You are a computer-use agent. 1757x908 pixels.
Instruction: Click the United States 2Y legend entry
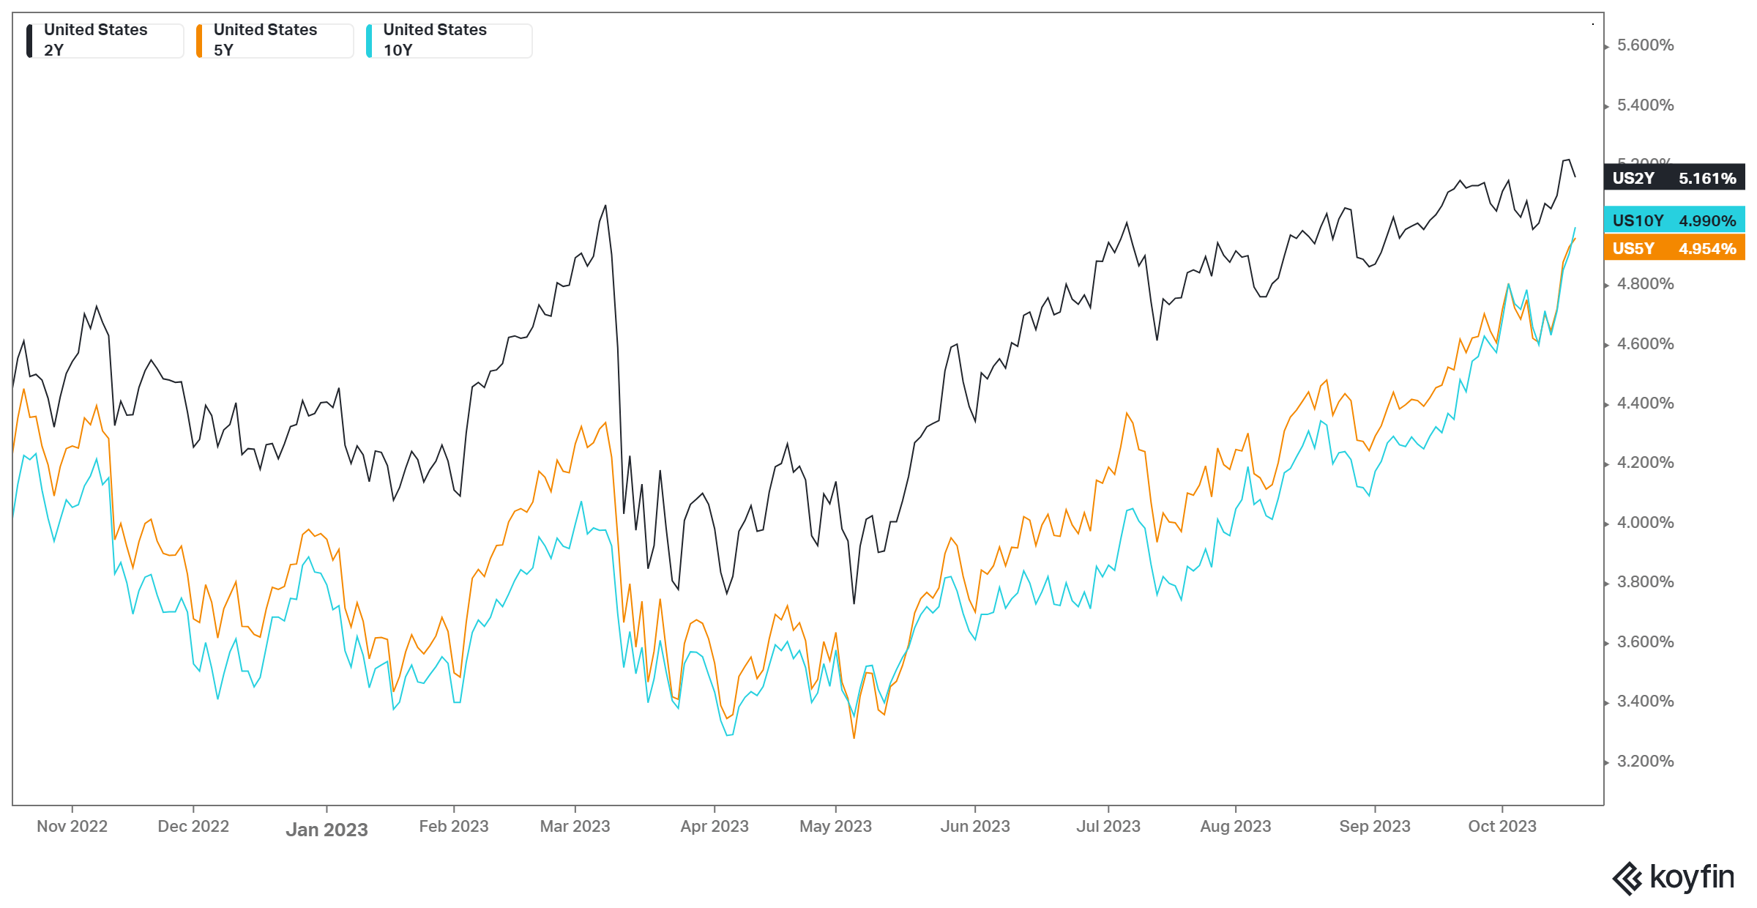click(105, 40)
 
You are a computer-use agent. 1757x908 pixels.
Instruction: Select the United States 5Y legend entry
click(275, 40)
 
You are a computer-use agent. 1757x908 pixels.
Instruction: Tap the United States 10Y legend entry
click(447, 40)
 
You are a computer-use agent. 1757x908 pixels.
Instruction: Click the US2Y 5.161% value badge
click(1674, 178)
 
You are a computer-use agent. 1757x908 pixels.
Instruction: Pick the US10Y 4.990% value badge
click(1674, 220)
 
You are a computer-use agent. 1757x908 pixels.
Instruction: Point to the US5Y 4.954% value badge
click(1674, 248)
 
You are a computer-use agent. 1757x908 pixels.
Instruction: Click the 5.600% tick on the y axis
click(1645, 45)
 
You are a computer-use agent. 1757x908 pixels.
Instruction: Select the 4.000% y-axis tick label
click(1645, 523)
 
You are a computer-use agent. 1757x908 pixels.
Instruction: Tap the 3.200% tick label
click(1645, 762)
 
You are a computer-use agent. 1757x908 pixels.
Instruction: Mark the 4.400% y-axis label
click(1645, 403)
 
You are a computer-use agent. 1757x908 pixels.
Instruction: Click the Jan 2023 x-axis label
click(327, 830)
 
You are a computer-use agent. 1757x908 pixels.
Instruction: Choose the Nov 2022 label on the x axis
click(72, 827)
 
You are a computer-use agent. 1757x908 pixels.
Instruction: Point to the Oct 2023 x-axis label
click(1502, 827)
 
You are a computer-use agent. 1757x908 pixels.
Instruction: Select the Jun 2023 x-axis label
click(974, 827)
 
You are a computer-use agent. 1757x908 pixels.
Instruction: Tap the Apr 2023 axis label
click(714, 827)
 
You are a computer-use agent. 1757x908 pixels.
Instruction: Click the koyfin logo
click(1673, 877)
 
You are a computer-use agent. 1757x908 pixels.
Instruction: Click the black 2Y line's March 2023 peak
click(605, 206)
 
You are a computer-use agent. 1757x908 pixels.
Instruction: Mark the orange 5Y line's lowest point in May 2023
click(854, 737)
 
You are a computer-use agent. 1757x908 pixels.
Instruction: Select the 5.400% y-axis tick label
click(1645, 105)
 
